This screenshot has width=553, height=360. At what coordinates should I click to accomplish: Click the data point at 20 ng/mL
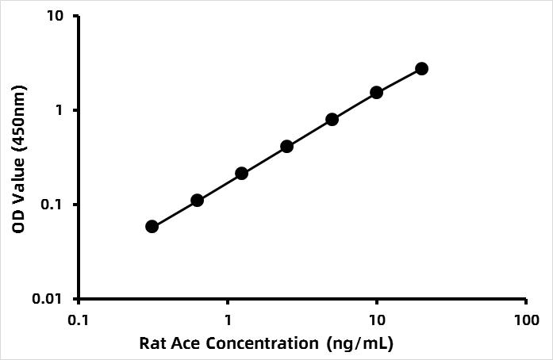(x=421, y=69)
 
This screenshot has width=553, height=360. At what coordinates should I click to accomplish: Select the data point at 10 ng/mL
(x=377, y=92)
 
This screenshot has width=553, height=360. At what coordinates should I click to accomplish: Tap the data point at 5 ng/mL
(x=332, y=119)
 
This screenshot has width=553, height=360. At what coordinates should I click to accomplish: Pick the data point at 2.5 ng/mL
(x=286, y=147)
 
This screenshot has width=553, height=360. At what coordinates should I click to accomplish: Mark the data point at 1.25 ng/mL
(x=242, y=173)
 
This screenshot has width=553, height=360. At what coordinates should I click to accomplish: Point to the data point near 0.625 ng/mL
(x=197, y=201)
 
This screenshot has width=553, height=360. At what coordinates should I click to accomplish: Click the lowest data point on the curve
(x=152, y=227)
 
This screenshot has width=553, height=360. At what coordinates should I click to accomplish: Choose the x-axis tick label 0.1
(x=79, y=320)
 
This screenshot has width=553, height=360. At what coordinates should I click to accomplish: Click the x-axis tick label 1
(x=228, y=320)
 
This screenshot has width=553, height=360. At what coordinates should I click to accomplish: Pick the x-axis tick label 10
(x=378, y=320)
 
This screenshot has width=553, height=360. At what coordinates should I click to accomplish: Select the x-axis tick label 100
(x=527, y=320)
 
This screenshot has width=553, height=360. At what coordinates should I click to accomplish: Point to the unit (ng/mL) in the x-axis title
(x=360, y=344)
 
